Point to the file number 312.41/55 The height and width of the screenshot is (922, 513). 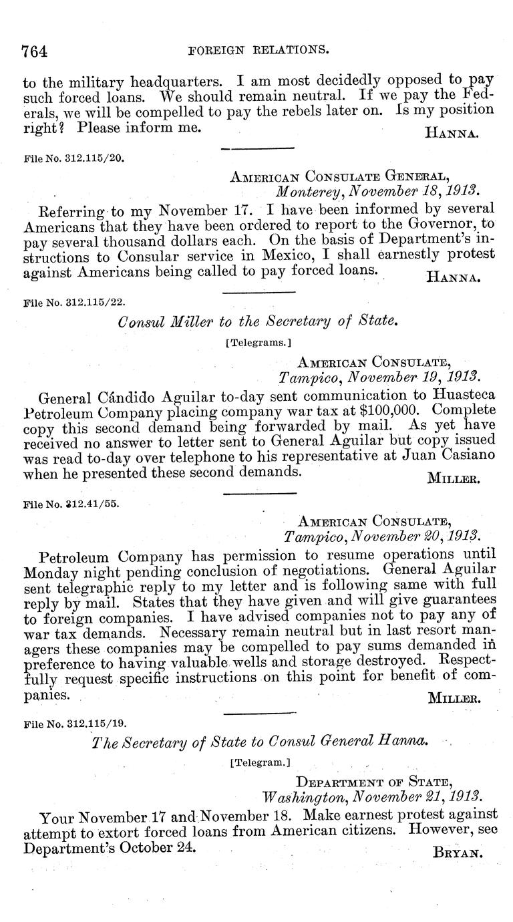(x=71, y=504)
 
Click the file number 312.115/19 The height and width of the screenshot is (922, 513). (x=73, y=724)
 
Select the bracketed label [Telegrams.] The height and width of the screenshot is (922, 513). (x=259, y=343)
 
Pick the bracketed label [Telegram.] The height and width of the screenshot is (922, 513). (x=259, y=762)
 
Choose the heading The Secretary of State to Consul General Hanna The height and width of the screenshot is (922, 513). (x=260, y=742)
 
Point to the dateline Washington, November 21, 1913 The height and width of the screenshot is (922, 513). (x=372, y=796)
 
